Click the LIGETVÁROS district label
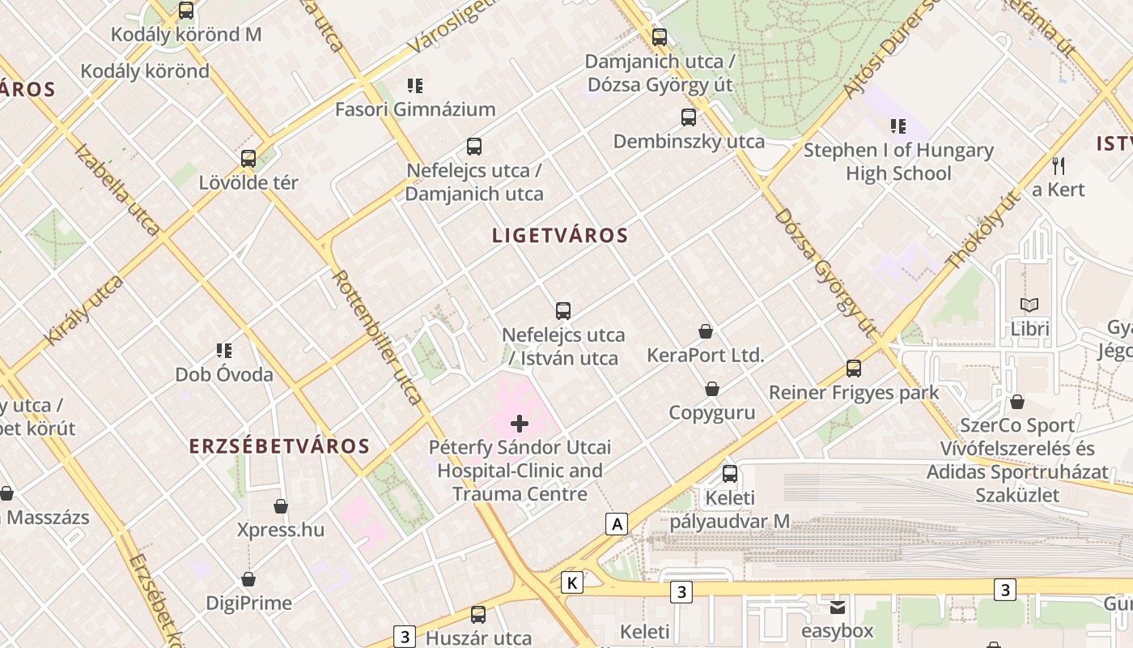pos(560,236)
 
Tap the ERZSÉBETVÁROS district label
pos(279,446)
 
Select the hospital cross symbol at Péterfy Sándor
pos(520,423)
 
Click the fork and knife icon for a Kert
pos(1059,166)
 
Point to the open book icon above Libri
pos(1029,305)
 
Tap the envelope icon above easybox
pos(837,607)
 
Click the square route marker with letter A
pos(617,524)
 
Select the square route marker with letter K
pos(572,582)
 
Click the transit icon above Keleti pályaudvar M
pos(730,474)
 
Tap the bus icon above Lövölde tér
pos(248,159)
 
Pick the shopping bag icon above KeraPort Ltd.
pos(706,331)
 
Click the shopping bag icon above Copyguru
pos(712,389)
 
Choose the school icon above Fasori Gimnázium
pos(415,86)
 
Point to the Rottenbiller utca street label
pos(377,337)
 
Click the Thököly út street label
pos(982,231)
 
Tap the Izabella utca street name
pos(117,190)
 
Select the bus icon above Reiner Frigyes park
pos(854,369)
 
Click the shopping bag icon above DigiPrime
pos(248,579)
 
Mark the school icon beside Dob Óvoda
pos(224,351)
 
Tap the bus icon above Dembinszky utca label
pos(689,117)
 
